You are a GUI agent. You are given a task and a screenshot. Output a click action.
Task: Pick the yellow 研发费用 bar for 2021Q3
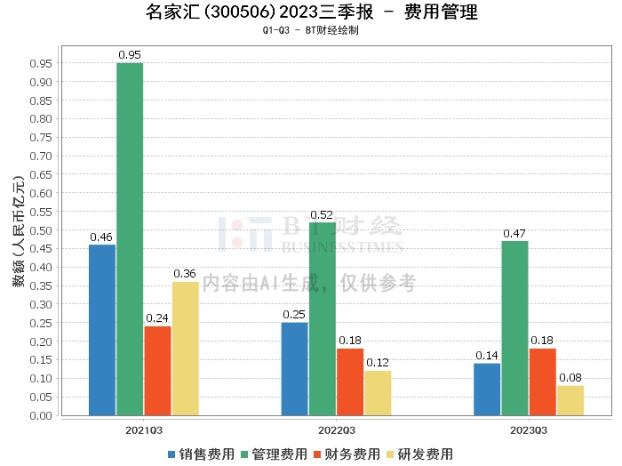[185, 348]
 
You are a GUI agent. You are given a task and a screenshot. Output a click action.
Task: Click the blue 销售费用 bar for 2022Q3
[295, 368]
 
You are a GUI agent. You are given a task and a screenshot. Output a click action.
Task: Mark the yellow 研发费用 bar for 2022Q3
[378, 392]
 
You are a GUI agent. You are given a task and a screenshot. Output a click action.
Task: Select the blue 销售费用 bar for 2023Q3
[487, 389]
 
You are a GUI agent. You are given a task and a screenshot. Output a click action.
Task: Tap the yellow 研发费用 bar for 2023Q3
[570, 399]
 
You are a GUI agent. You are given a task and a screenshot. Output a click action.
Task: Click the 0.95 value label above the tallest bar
[130, 55]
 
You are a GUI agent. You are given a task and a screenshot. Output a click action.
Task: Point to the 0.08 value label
[570, 377]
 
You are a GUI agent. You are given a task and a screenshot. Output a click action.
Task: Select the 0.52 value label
[323, 214]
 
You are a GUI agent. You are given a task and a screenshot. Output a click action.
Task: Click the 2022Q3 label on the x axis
[337, 430]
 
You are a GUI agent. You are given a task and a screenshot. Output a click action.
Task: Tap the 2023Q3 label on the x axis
[529, 430]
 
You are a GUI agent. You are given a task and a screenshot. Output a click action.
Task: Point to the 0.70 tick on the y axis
[40, 156]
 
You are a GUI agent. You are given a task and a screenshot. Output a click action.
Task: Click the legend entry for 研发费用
[421, 454]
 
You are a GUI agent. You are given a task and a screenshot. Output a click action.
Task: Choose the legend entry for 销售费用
[201, 454]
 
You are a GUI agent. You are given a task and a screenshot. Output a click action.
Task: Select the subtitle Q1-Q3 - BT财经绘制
[311, 30]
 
